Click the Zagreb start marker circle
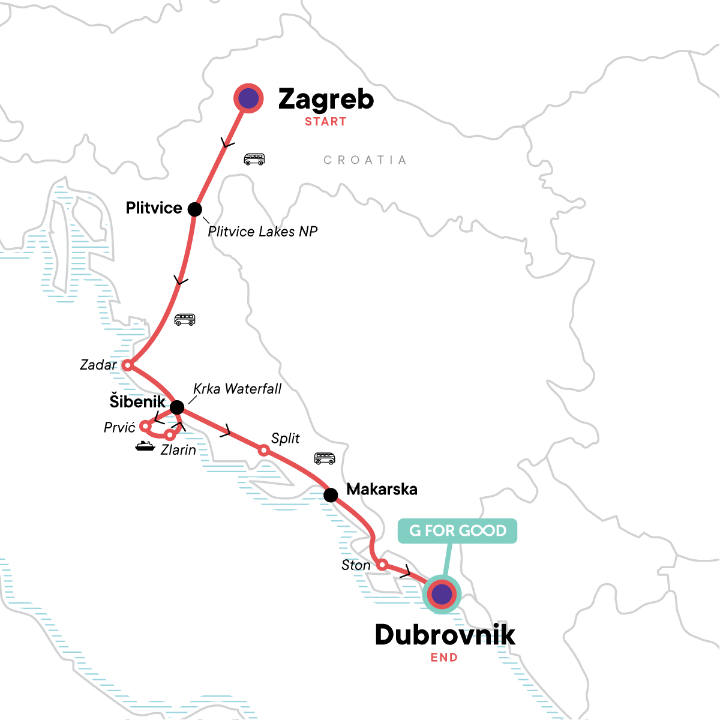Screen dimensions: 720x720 pyautogui.click(x=248, y=98)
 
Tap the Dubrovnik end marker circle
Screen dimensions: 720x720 pyautogui.click(x=442, y=595)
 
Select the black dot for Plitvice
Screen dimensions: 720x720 pyautogui.click(x=195, y=209)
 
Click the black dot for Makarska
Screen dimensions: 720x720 pyautogui.click(x=331, y=495)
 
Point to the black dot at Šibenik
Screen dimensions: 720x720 pyautogui.click(x=177, y=408)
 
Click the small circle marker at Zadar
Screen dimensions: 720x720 pyautogui.click(x=127, y=365)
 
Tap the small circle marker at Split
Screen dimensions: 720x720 pyautogui.click(x=263, y=450)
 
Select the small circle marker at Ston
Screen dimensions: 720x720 pyautogui.click(x=382, y=564)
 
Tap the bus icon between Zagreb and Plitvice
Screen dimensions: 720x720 pyautogui.click(x=254, y=159)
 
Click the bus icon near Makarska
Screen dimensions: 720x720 pyautogui.click(x=325, y=458)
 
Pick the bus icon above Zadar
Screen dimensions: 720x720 pyautogui.click(x=185, y=319)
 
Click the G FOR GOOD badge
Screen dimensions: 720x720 pyautogui.click(x=457, y=531)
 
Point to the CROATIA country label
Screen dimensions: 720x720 pyautogui.click(x=365, y=160)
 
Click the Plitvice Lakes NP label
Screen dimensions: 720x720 pyautogui.click(x=263, y=232)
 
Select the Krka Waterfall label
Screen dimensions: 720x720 pyautogui.click(x=237, y=389)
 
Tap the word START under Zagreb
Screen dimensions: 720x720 pyautogui.click(x=325, y=122)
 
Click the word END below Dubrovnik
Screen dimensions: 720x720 pyautogui.click(x=444, y=658)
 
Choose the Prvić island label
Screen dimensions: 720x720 pyautogui.click(x=119, y=427)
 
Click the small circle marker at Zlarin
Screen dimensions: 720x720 pyautogui.click(x=170, y=434)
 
